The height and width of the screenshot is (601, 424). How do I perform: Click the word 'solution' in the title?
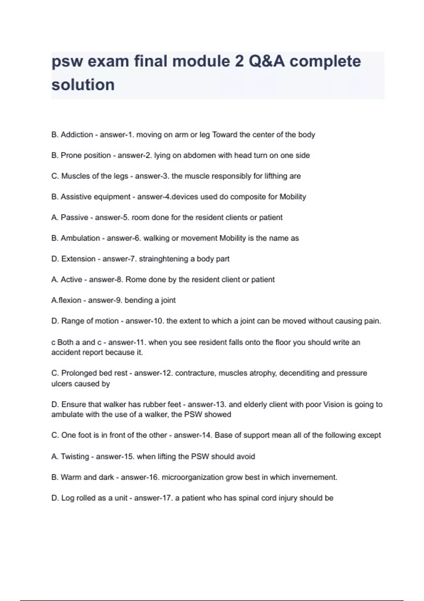(83, 85)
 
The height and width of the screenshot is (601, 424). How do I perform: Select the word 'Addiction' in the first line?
(77, 135)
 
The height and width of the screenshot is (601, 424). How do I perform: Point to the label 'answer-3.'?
(152, 176)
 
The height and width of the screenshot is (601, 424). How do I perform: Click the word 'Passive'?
(74, 217)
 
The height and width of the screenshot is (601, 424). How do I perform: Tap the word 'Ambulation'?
(80, 238)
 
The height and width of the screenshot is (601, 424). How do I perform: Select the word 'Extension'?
(78, 259)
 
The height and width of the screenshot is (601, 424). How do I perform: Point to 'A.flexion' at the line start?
(66, 300)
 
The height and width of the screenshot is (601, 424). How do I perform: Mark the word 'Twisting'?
(75, 456)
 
